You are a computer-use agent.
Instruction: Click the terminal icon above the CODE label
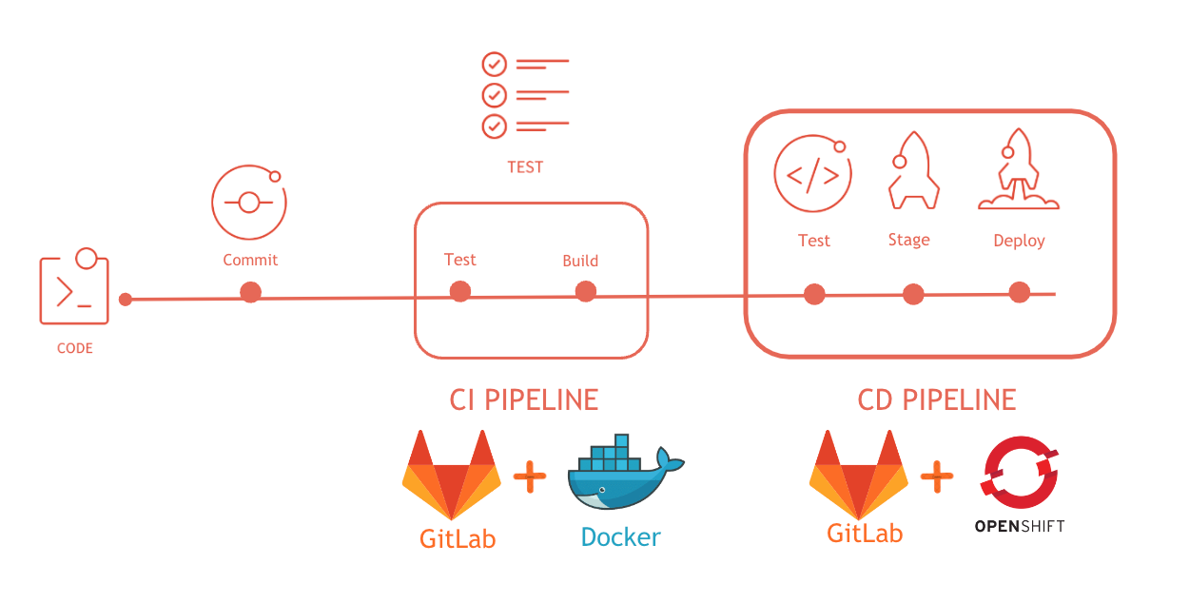click(73, 289)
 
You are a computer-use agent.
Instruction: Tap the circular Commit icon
click(248, 203)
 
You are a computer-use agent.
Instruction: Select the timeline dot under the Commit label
click(250, 292)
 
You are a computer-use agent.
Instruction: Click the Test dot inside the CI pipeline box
click(460, 291)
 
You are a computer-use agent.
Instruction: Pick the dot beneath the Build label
click(586, 291)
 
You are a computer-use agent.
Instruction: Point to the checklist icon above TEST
click(524, 94)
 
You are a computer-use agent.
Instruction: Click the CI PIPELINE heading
click(524, 399)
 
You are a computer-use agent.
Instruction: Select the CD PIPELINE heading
click(937, 399)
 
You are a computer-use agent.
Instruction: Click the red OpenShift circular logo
click(1020, 474)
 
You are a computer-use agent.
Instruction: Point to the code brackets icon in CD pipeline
click(811, 176)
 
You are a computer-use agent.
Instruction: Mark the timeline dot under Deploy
click(1019, 292)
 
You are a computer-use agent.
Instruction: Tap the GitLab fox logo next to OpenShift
click(859, 473)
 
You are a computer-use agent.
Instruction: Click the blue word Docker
click(620, 537)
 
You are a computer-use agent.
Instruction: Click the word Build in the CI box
click(580, 261)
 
